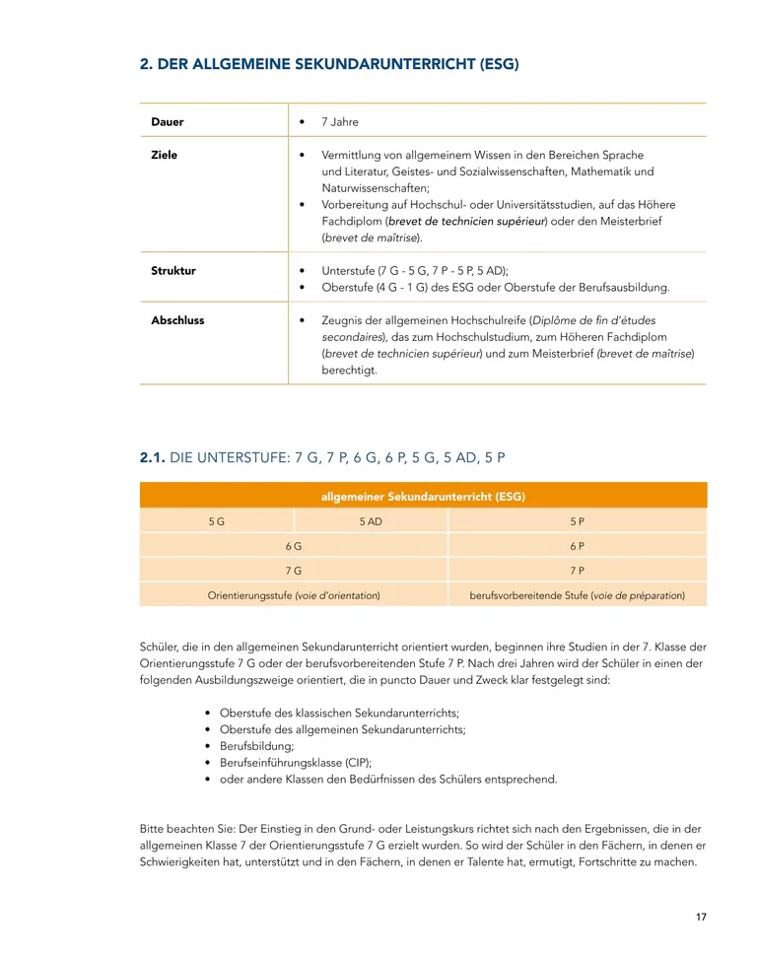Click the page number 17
pyautogui.click(x=701, y=918)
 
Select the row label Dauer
pyautogui.click(x=168, y=122)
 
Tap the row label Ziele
pyautogui.click(x=165, y=155)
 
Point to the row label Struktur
pyautogui.click(x=173, y=270)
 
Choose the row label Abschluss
pyautogui.click(x=177, y=320)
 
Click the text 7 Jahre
pyautogui.click(x=340, y=122)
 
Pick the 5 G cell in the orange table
pyautogui.click(x=216, y=520)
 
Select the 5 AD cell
pyautogui.click(x=371, y=520)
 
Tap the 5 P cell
pyautogui.click(x=578, y=520)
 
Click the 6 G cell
pyautogui.click(x=294, y=545)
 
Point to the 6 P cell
pyautogui.click(x=578, y=545)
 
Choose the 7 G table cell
pyautogui.click(x=294, y=570)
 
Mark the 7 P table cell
pyautogui.click(x=578, y=570)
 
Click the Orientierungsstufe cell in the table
pyautogui.click(x=294, y=595)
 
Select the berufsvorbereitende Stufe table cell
pyautogui.click(x=578, y=595)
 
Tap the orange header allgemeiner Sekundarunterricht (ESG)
pyautogui.click(x=423, y=496)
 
